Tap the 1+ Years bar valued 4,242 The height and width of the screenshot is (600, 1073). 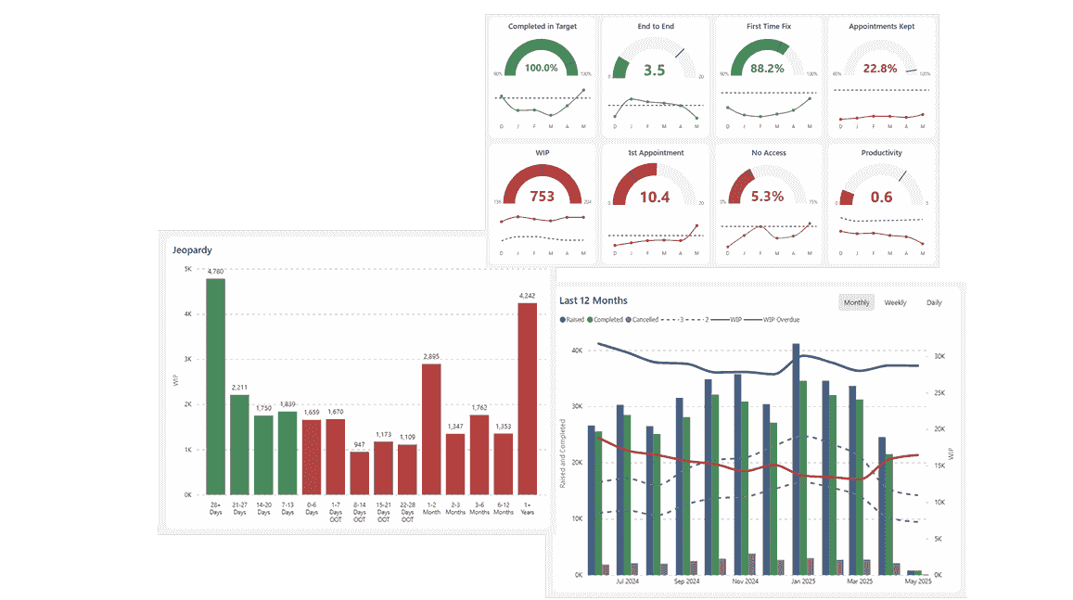[528, 399]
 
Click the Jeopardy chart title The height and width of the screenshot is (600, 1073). [193, 249]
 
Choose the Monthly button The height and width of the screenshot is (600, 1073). [856, 302]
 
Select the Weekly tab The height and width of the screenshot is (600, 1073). [895, 302]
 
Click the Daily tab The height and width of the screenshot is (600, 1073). [934, 302]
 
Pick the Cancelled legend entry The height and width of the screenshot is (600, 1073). [643, 320]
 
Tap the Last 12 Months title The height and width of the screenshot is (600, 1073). [594, 300]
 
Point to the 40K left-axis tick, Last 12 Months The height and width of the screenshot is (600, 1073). [576, 351]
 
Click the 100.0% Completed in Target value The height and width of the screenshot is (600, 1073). [542, 68]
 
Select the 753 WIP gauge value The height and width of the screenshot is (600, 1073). [542, 196]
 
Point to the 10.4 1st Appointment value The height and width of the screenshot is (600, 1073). [655, 196]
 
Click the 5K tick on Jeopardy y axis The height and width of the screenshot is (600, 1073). [187, 270]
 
